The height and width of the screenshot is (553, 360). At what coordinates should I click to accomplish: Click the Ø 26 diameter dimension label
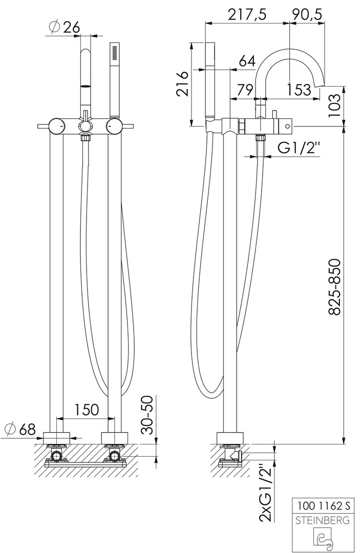tap(65, 28)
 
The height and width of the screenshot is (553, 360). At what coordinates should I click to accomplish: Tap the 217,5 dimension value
tap(247, 15)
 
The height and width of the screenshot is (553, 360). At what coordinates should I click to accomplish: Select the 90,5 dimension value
tap(307, 15)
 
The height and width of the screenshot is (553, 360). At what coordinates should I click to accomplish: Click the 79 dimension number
tap(244, 90)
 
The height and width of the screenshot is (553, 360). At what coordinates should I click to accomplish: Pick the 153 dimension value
tap(299, 90)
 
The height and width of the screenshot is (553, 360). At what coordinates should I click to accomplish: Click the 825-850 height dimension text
tap(334, 287)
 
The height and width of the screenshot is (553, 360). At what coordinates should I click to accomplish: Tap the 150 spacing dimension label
tap(87, 410)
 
